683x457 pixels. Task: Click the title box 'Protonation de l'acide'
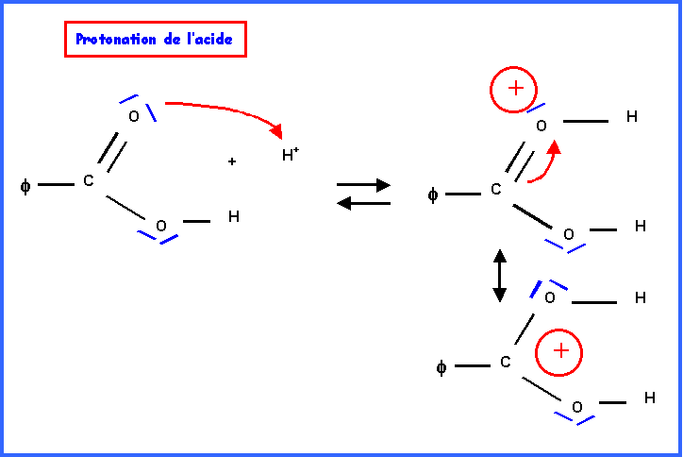154,40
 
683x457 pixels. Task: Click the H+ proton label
290,156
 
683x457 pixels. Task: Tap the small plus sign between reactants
231,162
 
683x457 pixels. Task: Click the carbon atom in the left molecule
89,180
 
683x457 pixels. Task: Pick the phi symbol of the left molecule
25,186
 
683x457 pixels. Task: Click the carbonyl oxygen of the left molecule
133,116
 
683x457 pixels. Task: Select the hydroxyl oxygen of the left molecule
160,226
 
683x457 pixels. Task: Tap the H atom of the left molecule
233,217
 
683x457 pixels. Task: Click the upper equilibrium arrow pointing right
363,185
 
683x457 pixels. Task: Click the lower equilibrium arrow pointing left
363,201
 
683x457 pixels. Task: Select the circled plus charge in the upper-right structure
514,90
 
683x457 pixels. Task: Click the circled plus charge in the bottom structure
559,352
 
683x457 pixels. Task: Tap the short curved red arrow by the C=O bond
544,162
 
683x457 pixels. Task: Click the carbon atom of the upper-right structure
496,190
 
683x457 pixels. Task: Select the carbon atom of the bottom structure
505,362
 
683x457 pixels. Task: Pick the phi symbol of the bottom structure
441,367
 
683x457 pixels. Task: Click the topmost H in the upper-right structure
632,117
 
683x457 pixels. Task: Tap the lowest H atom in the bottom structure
650,398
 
